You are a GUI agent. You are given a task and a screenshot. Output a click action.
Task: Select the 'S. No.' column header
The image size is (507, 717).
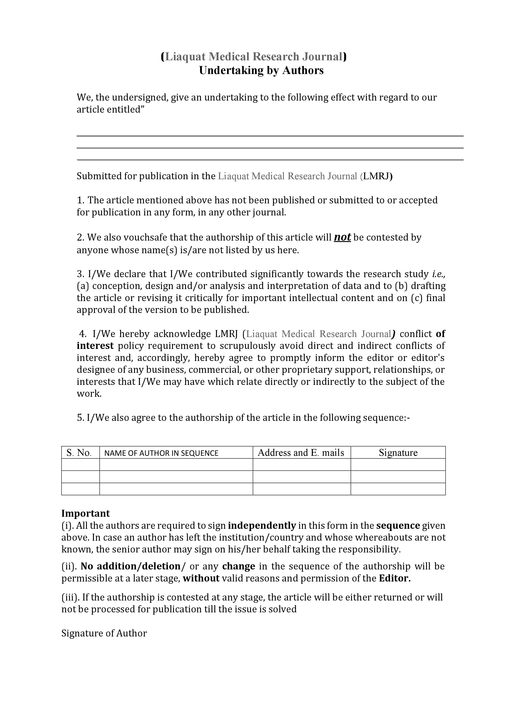pos(79,453)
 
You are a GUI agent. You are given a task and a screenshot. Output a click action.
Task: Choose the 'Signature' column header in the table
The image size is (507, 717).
pos(398,453)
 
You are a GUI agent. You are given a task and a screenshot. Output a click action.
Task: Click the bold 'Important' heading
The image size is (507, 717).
pos(86,513)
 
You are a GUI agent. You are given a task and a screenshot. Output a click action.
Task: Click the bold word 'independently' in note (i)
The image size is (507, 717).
pos(262,525)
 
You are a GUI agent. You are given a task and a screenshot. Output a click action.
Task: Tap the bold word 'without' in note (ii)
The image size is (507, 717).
pos(201,578)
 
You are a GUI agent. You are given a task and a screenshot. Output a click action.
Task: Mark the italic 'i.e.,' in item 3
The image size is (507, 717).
pos(439,274)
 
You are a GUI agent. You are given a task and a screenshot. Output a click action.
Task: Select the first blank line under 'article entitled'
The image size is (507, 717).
pos(270,136)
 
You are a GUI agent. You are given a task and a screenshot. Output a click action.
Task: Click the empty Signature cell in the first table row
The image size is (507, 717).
pos(398,465)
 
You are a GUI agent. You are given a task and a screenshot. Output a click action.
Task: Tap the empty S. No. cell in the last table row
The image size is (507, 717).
pos(80,489)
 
